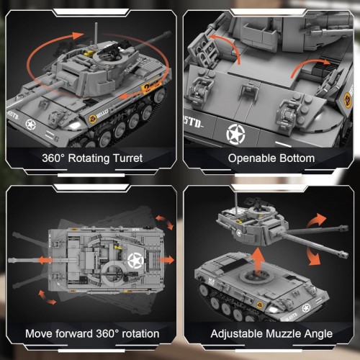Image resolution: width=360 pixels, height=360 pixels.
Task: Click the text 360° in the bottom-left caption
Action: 107,333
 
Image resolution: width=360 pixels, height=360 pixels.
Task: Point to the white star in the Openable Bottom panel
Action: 236,133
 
